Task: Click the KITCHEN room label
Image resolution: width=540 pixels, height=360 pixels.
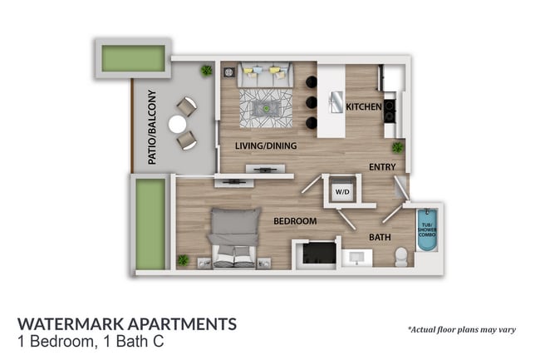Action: point(364,107)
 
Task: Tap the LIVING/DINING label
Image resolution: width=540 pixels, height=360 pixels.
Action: point(265,147)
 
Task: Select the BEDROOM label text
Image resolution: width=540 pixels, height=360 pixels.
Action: point(296,221)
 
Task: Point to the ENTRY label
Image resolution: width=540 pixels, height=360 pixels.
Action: point(382,167)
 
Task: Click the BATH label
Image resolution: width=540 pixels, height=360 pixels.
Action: point(380,238)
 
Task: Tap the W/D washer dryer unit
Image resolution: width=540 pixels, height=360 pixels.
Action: point(341,190)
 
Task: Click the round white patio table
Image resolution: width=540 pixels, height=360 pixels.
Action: point(178,124)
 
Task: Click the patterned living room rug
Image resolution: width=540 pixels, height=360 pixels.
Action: point(266,107)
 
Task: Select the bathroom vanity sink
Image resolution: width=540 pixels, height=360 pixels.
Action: point(357,256)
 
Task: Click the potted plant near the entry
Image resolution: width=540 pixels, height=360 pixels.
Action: point(397,147)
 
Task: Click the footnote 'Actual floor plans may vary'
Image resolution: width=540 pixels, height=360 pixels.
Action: point(461,329)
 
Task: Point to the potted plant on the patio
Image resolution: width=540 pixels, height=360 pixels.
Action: point(205,72)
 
